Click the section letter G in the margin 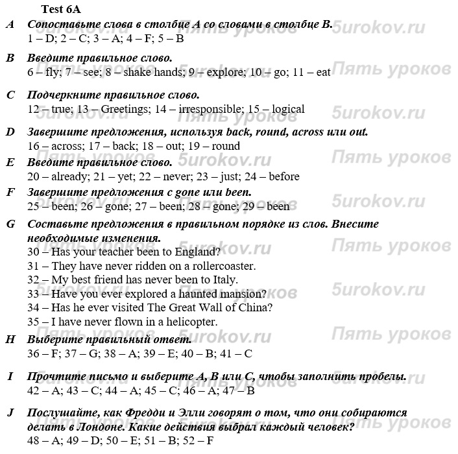coord(10,224)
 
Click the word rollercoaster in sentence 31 coord(223,266)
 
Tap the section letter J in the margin coord(10,412)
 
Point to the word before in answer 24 coord(283,176)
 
